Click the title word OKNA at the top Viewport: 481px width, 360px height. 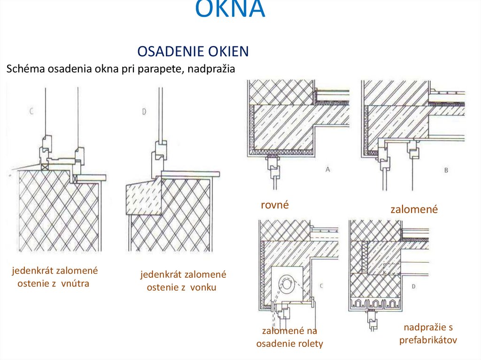230,9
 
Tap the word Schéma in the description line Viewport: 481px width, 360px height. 23,69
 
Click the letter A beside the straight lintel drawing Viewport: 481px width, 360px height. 327,169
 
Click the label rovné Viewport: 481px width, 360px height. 274,205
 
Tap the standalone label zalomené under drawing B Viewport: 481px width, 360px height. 414,209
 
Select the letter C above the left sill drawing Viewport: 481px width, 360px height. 31,111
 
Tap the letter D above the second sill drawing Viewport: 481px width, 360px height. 143,112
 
